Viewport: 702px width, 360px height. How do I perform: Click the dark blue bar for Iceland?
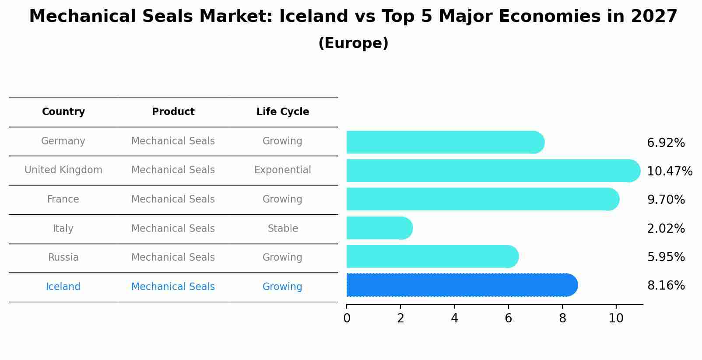(x=460, y=285)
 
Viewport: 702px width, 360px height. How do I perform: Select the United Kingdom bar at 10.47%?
(x=490, y=171)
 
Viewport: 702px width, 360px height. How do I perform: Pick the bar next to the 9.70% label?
(x=481, y=199)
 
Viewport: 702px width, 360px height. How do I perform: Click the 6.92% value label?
(x=666, y=143)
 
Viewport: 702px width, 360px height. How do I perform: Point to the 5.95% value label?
(x=666, y=257)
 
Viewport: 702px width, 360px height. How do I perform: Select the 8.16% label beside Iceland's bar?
(x=666, y=286)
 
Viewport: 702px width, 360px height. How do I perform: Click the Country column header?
(x=63, y=112)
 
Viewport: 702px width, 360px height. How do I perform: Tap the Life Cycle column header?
(x=283, y=112)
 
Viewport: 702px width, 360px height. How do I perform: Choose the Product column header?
(x=173, y=112)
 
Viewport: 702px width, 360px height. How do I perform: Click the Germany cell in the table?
(x=63, y=141)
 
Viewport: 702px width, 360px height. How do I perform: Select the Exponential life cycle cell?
(x=283, y=170)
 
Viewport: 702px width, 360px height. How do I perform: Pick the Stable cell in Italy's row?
(x=283, y=228)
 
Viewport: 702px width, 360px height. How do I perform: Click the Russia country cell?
(x=63, y=257)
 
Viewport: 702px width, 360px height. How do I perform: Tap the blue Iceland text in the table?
(x=63, y=287)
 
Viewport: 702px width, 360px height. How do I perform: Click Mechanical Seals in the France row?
(x=173, y=199)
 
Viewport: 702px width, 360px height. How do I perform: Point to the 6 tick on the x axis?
(x=508, y=318)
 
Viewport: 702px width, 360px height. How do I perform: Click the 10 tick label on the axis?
(x=616, y=318)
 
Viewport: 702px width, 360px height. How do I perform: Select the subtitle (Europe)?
(x=353, y=43)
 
